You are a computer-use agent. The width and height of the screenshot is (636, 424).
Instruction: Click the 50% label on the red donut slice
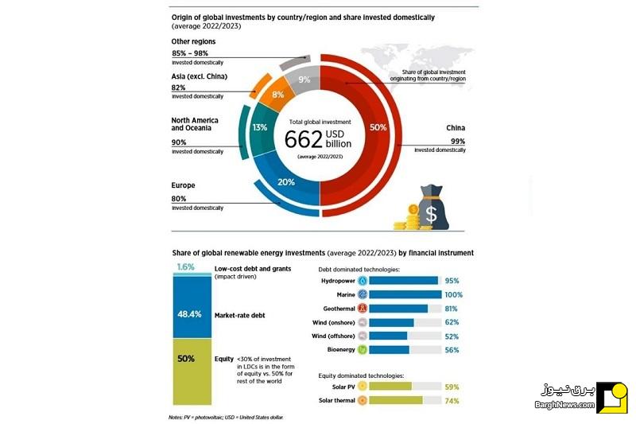coord(378,127)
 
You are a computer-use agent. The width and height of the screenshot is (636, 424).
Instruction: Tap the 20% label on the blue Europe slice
coord(286,182)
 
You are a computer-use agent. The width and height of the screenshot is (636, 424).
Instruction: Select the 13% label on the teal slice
coord(260,127)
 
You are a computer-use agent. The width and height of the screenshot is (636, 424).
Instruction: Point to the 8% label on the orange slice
coord(277,95)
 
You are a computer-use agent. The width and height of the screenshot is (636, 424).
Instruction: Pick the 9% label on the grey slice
coord(304,80)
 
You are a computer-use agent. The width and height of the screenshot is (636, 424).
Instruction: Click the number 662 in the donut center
coord(304,139)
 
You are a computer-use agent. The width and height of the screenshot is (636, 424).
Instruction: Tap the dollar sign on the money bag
coord(431,214)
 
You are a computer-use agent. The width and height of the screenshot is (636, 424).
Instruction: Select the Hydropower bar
coord(404,281)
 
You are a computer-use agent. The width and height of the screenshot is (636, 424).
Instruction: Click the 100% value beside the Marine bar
coord(453,295)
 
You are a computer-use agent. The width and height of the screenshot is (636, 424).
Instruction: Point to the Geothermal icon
coord(363,309)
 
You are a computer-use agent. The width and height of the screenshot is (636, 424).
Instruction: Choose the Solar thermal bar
coord(395,400)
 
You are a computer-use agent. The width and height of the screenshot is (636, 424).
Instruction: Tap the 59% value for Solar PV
coord(452,387)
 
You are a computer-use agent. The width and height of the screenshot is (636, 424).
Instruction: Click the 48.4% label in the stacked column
coord(189,314)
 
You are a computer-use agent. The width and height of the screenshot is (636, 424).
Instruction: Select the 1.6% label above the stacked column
coord(186,267)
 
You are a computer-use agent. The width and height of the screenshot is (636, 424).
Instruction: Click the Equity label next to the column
coord(224,359)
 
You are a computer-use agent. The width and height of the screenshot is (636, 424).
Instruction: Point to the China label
coord(456,128)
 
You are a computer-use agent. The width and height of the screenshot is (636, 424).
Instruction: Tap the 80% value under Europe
coord(178,199)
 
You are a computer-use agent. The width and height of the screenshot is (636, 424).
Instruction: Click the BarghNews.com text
coord(564,405)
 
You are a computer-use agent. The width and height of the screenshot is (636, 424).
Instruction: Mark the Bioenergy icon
coord(363,349)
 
